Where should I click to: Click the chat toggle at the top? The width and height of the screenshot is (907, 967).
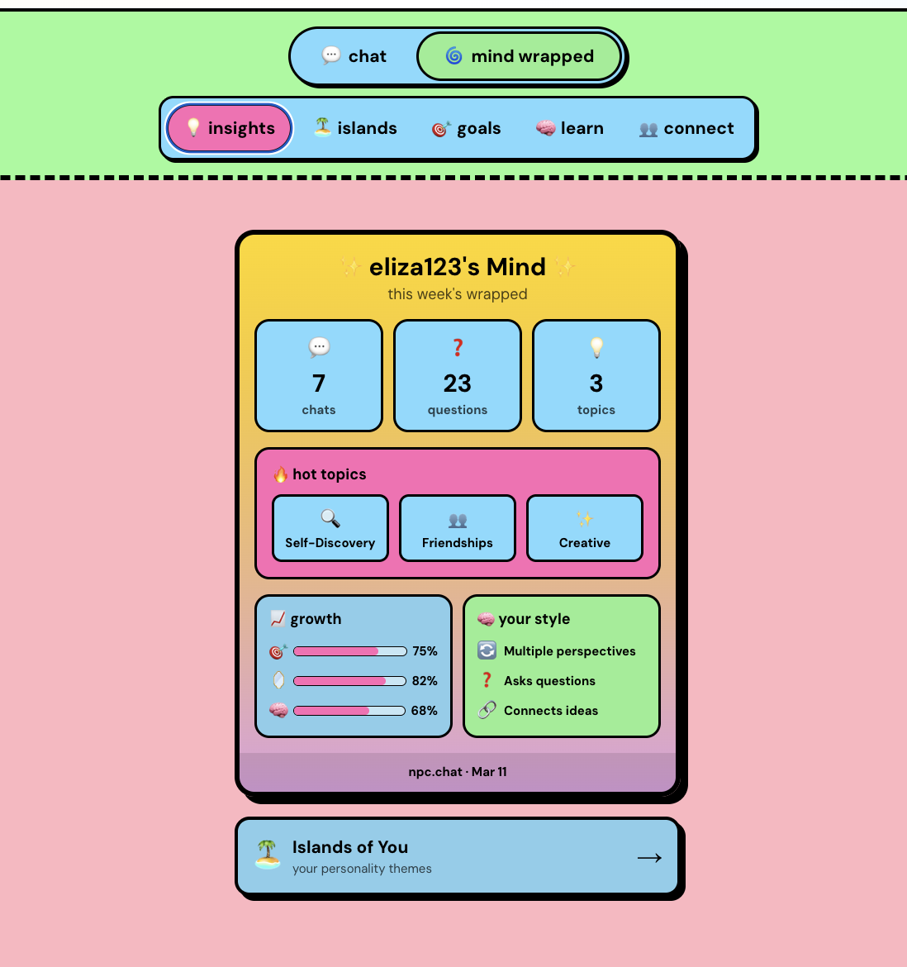[x=354, y=56]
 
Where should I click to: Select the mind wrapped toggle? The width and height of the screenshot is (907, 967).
[x=520, y=56]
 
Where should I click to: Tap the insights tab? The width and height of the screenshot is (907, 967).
[x=230, y=128]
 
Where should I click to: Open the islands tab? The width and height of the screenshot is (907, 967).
[x=355, y=128]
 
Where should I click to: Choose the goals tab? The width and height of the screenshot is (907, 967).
[x=466, y=128]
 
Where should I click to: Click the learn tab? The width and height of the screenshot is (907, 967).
[x=570, y=128]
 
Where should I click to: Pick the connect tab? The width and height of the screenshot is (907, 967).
[x=686, y=128]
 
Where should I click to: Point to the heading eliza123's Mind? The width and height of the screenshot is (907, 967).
[x=458, y=267]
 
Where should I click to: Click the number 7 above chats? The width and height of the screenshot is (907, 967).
[x=319, y=383]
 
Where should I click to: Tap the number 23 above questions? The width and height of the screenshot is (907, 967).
[x=458, y=383]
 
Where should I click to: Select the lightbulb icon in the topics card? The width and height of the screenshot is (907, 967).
[x=596, y=348]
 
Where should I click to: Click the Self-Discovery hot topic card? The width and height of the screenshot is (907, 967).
[x=330, y=528]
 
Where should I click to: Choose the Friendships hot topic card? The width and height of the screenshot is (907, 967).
[x=458, y=528]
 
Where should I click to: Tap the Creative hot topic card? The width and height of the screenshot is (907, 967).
[x=585, y=528]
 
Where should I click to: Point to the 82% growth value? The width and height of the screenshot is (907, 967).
[x=425, y=681]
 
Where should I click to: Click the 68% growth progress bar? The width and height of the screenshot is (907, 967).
[x=349, y=711]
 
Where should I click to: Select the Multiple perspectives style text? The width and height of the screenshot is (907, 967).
[x=570, y=651]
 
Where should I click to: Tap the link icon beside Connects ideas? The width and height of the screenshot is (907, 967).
[x=487, y=710]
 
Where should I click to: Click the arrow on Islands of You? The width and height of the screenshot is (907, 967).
[x=649, y=857]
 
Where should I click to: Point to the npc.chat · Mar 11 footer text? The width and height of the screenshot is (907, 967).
[x=458, y=772]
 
